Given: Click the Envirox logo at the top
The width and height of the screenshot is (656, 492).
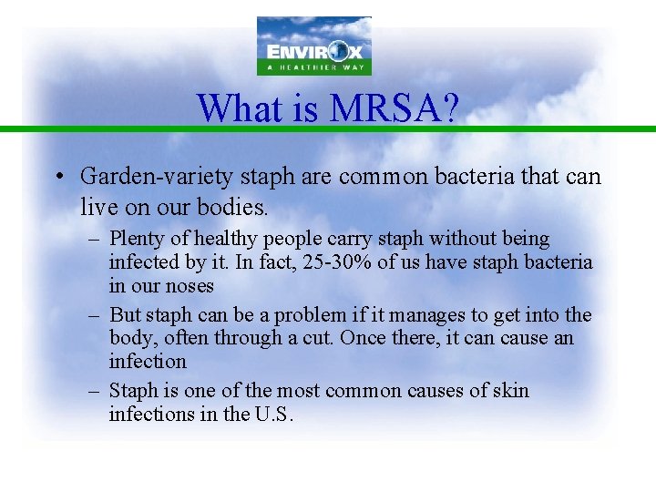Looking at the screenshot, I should [313, 46].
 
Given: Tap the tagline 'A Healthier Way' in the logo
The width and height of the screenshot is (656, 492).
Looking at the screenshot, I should [313, 67].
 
